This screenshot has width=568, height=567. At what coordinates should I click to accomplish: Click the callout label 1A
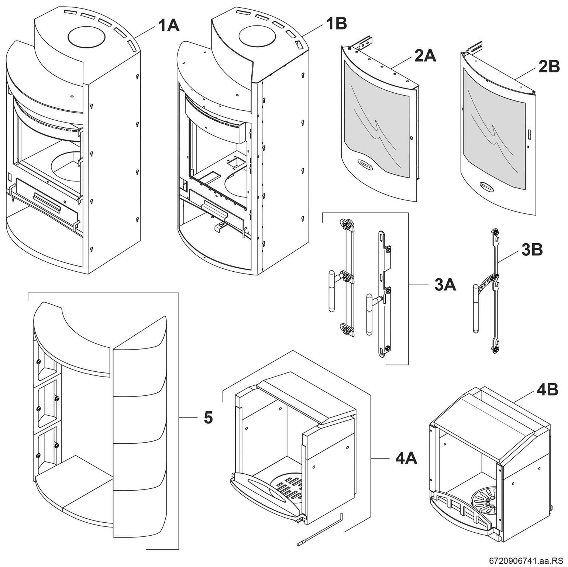coord(169,26)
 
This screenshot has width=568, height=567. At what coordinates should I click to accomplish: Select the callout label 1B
coord(336,24)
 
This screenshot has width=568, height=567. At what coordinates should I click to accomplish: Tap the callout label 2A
coord(425,56)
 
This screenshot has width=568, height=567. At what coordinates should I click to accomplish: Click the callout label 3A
coord(445,285)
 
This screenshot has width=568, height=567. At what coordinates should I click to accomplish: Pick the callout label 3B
coord(532,250)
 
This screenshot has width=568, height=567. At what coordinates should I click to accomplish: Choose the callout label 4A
coord(406,458)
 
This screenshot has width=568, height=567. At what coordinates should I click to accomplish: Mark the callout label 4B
coord(547,390)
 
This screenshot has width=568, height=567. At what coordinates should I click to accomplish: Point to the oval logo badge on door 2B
coord(487,186)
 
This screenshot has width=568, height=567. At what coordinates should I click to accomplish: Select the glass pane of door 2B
coord(495,129)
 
